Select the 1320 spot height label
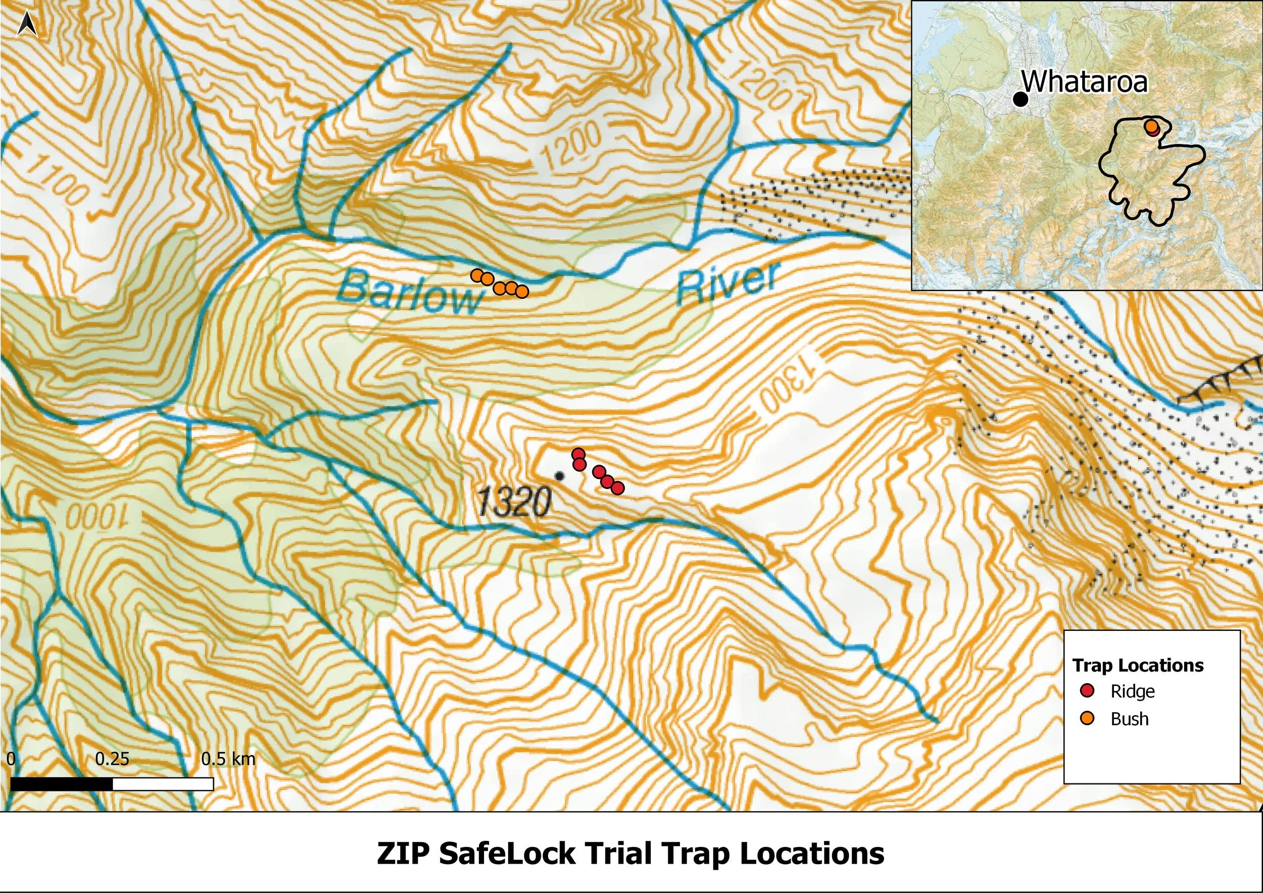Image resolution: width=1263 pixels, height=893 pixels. [514, 502]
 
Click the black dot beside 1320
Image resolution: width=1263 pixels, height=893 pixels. [560, 476]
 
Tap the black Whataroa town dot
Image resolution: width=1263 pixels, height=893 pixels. [1021, 100]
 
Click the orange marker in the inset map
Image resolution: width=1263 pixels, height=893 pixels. [1151, 127]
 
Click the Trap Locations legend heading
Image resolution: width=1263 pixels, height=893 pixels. [1138, 665]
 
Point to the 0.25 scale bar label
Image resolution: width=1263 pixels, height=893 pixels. [112, 759]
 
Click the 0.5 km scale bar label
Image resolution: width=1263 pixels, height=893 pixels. [228, 759]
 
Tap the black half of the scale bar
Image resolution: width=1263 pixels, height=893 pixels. [62, 784]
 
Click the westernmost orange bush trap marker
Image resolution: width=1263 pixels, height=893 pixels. [477, 275]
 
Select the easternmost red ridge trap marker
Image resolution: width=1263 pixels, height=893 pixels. [617, 488]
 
